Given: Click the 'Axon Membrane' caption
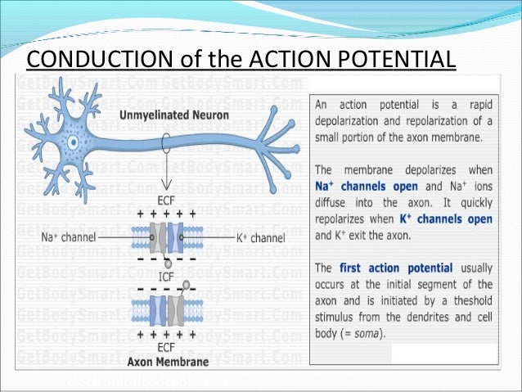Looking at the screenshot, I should tap(168, 361).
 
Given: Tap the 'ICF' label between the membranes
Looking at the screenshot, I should tap(168, 274).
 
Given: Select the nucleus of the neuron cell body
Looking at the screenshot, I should tap(71, 140).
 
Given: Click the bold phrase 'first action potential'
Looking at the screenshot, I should tap(384, 268).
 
